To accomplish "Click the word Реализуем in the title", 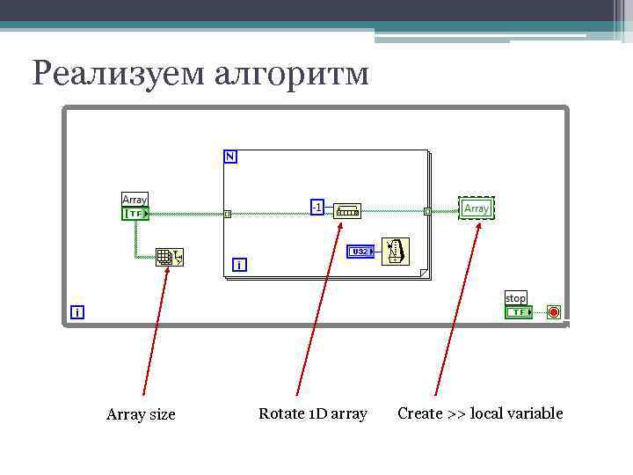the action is pos(119,73).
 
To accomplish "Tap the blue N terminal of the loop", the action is pos(230,157).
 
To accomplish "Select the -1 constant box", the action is pos(316,207).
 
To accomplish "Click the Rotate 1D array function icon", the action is pos(348,211).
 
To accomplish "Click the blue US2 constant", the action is pos(360,252).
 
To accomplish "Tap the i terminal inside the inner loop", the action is pos(238,264).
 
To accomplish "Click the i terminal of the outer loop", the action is pos(78,312).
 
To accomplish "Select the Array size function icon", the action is pos(169,257).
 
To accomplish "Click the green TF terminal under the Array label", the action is pos(135,214).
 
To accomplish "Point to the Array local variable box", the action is pos(476,208).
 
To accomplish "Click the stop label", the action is pos(515,298).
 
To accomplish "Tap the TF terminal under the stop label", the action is pos(519,311).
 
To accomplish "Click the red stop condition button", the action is pos(554,311).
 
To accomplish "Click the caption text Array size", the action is pos(141,414).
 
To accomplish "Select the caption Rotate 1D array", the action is pos(313,413).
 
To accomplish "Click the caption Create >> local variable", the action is pos(480,413).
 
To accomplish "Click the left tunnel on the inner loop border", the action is pos(227,213).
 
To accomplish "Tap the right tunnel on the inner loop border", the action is pos(427,211).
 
